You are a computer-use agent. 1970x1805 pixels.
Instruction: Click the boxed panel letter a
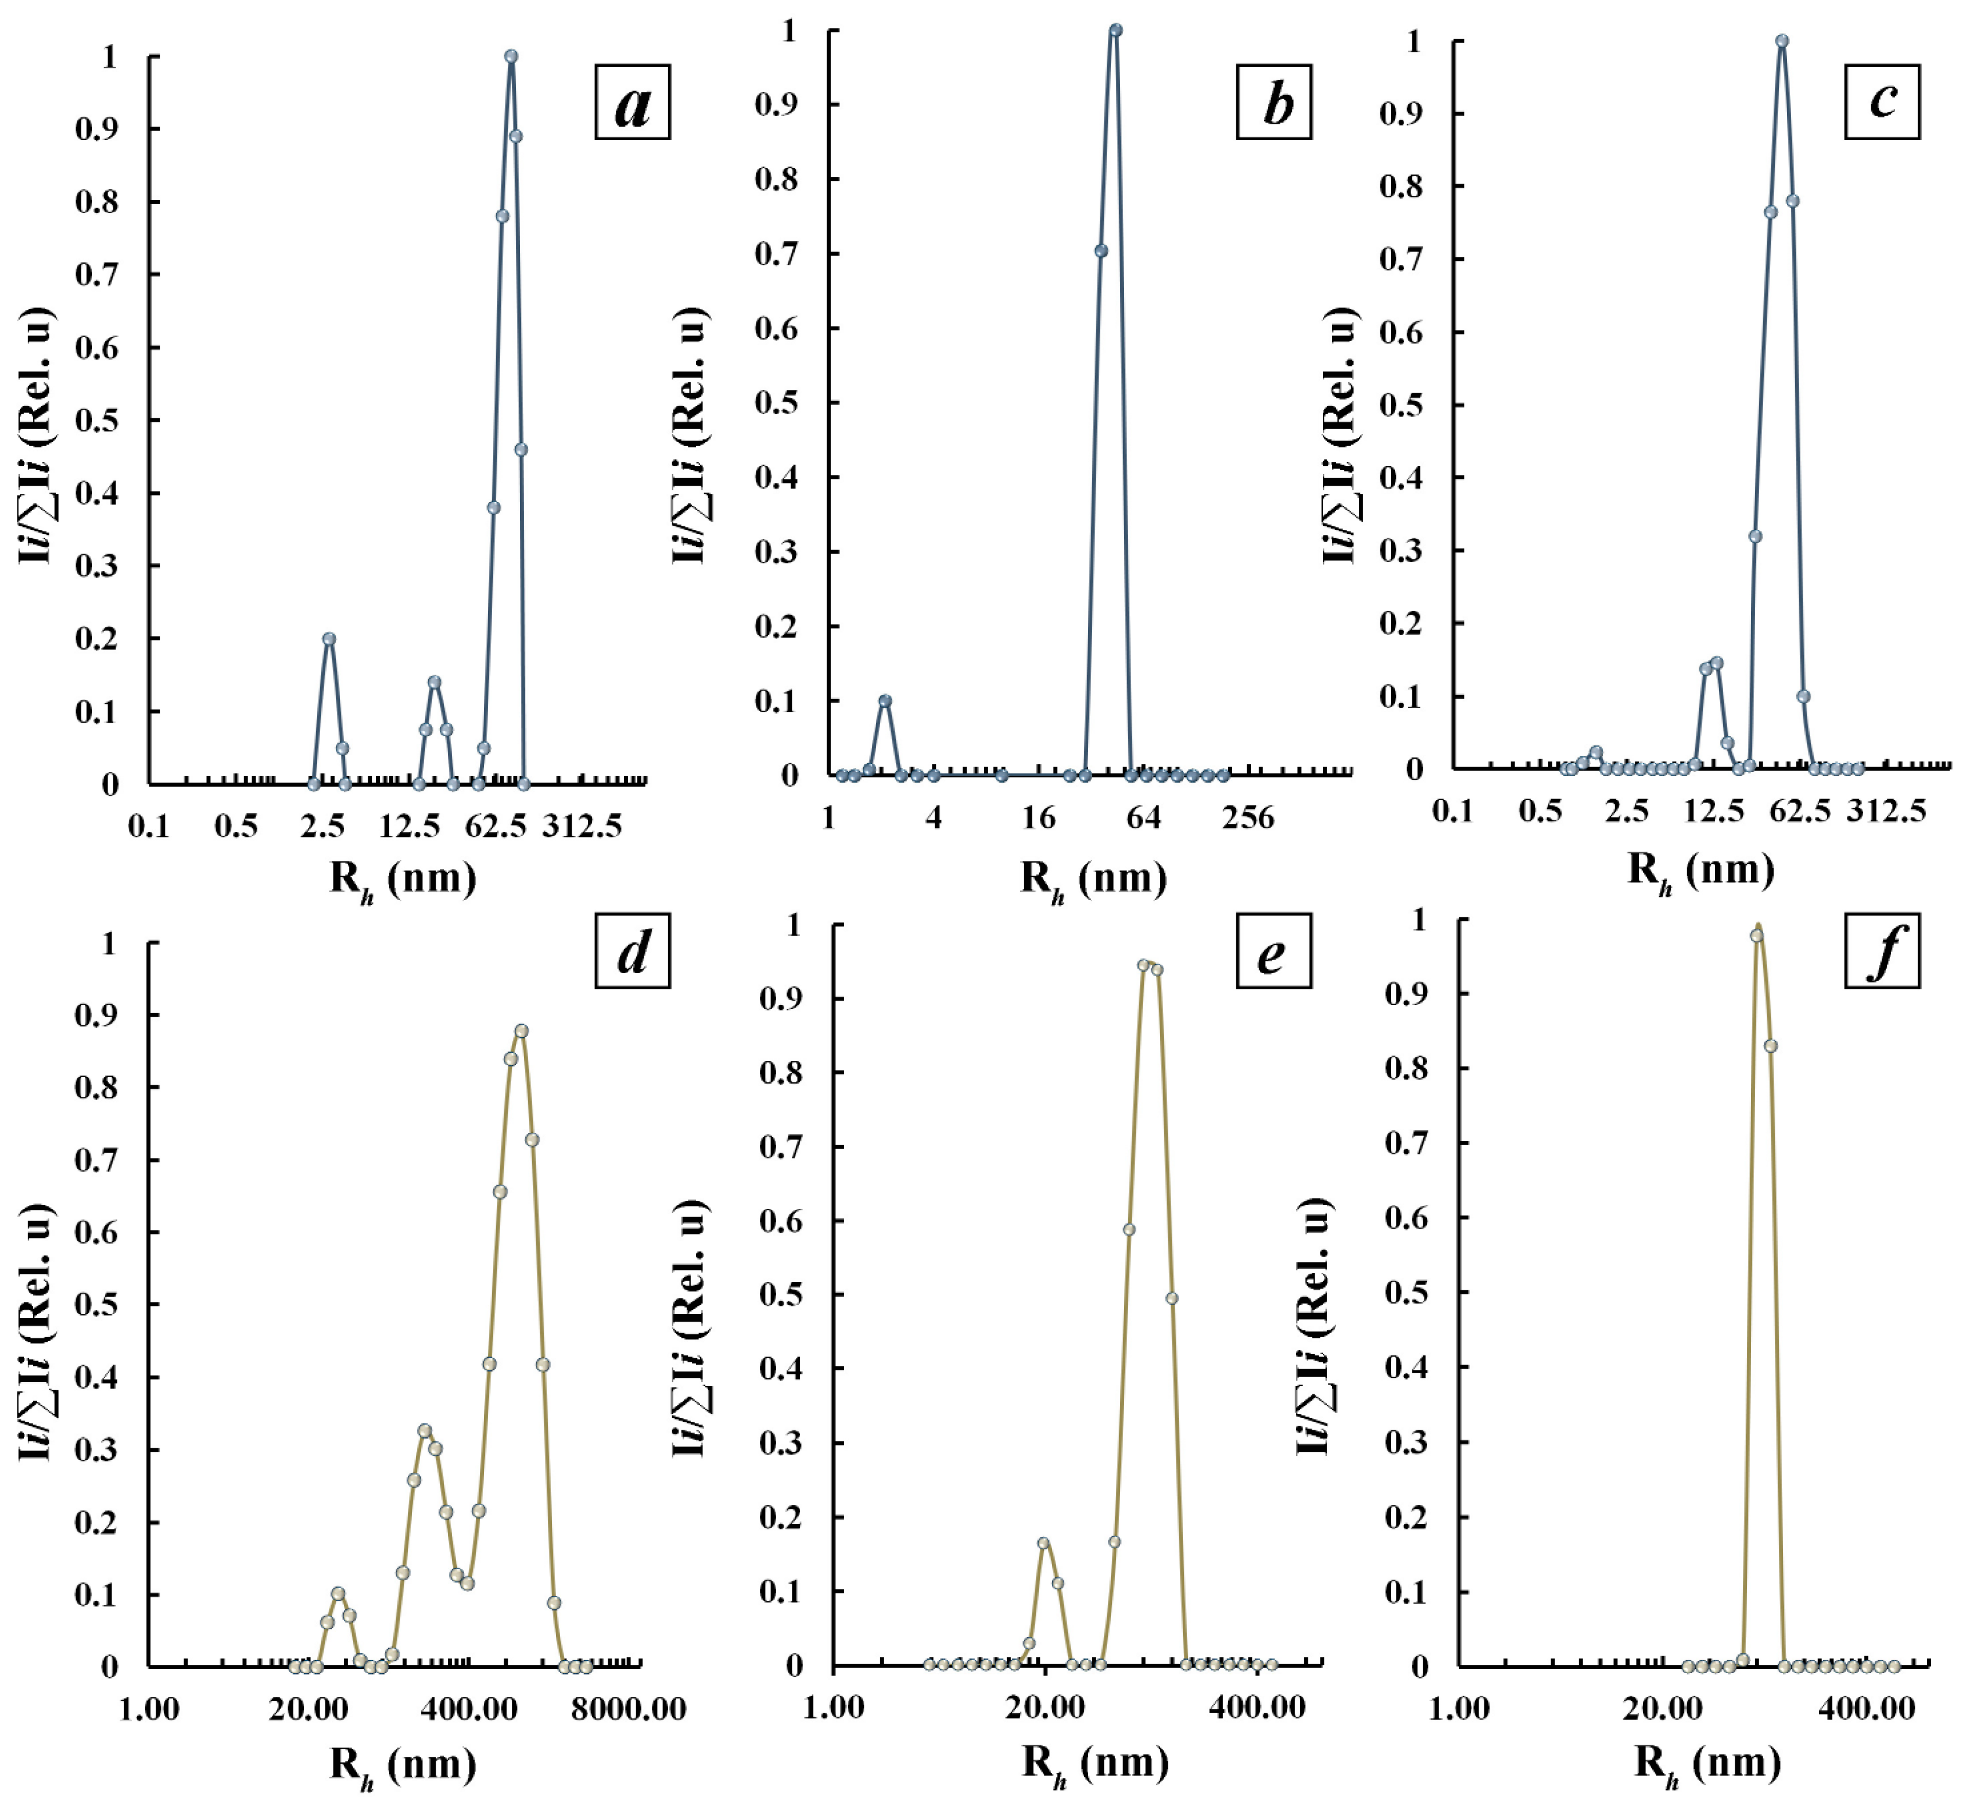632,103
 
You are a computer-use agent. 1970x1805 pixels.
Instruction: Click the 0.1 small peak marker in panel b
884,701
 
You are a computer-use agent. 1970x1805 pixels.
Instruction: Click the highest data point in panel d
521,1031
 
